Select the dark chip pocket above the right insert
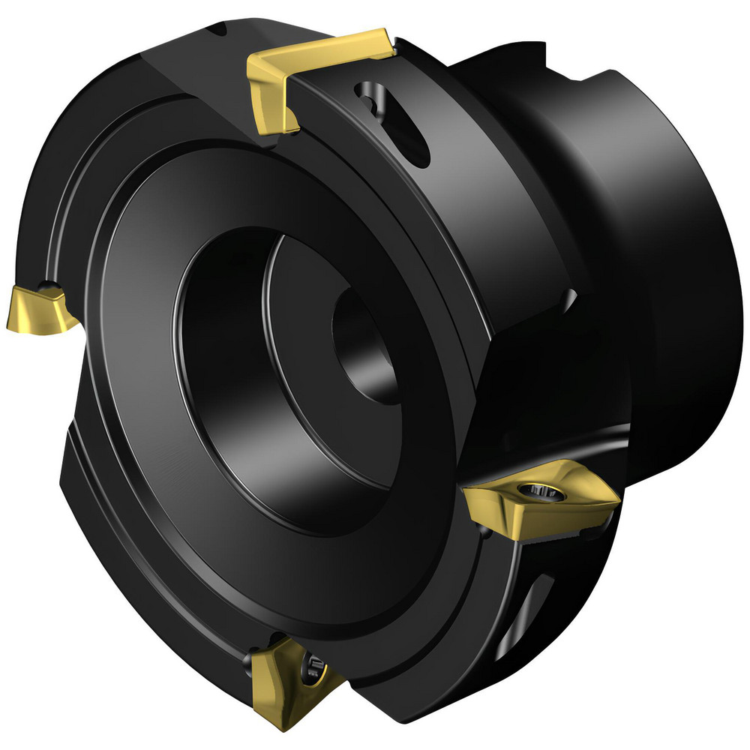pyautogui.click(x=525, y=390)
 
